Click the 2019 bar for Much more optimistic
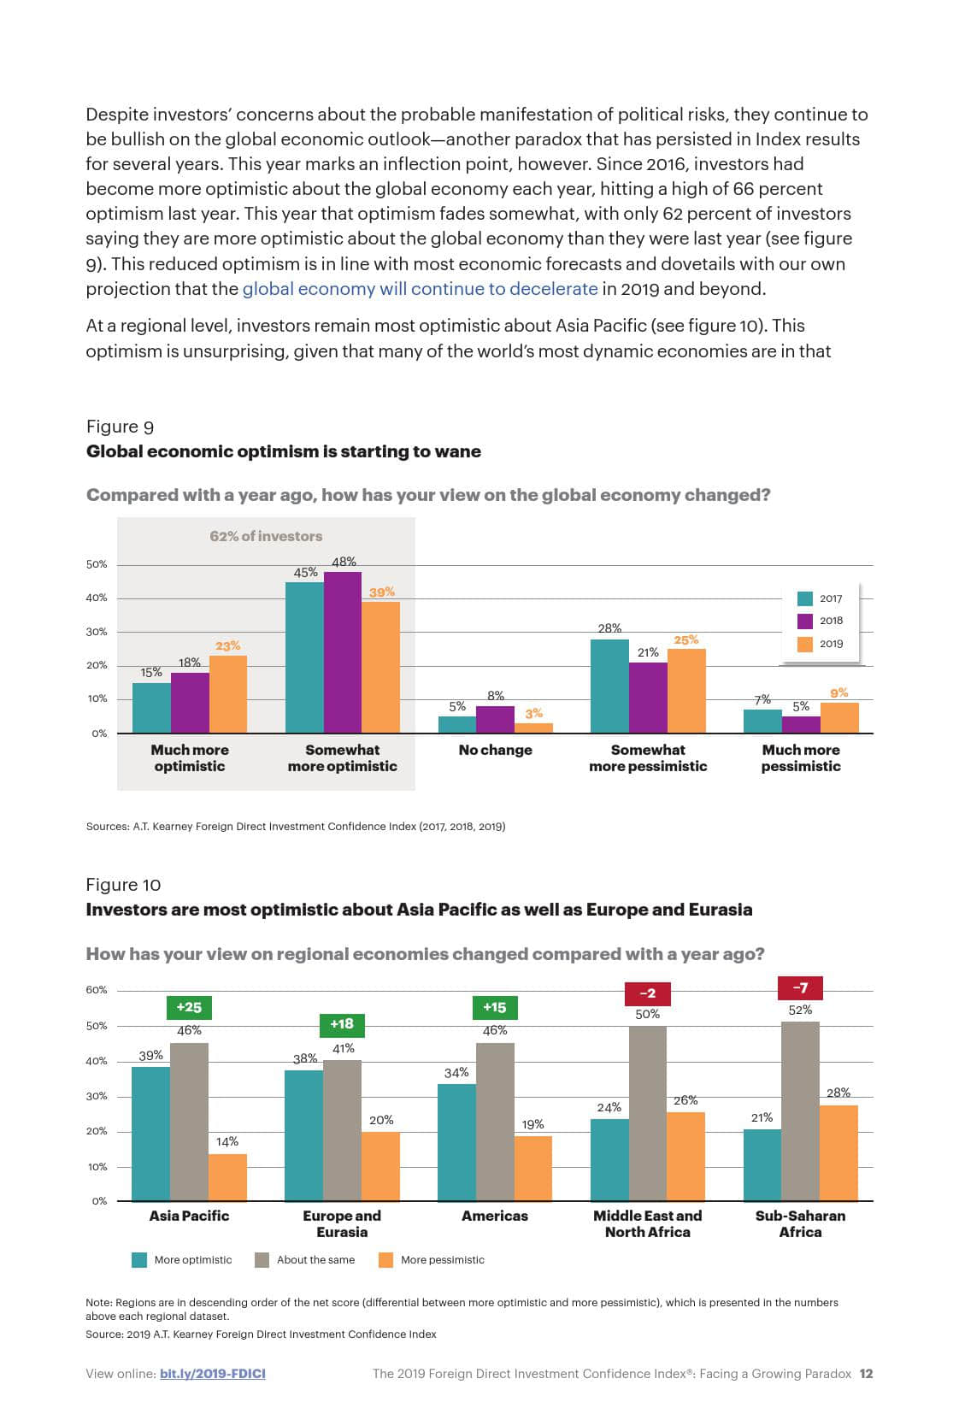(x=228, y=694)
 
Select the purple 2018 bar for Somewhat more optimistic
(x=343, y=652)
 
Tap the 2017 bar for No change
(x=457, y=724)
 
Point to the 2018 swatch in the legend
(x=804, y=622)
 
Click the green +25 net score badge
(x=189, y=1007)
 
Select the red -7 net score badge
(x=800, y=988)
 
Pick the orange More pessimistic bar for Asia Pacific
(x=227, y=1177)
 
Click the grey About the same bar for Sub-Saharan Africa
(x=800, y=1111)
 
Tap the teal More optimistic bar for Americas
(x=456, y=1142)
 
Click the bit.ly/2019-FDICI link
(x=213, y=1374)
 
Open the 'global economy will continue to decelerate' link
(x=420, y=289)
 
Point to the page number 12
(x=866, y=1374)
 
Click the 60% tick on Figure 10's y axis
(x=97, y=990)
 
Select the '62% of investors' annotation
(x=266, y=536)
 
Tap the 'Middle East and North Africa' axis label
(x=647, y=1223)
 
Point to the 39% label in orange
(x=381, y=592)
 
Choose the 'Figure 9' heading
(x=120, y=427)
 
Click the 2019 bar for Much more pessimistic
(x=839, y=717)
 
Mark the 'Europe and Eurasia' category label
(x=342, y=1223)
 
